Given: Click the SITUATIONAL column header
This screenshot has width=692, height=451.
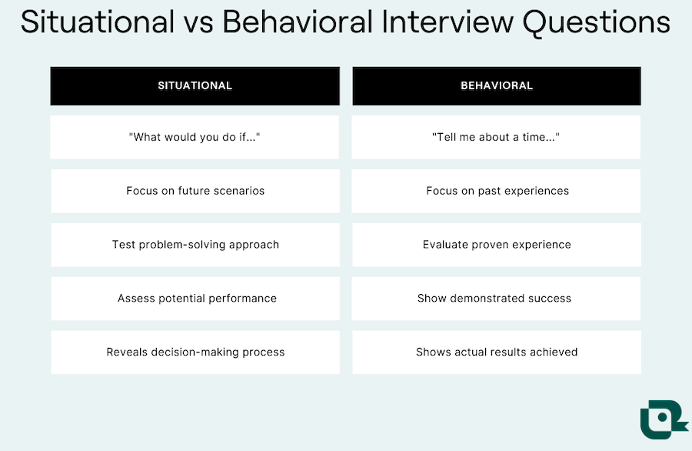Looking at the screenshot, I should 195,85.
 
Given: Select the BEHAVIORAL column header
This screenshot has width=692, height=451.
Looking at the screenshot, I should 496,85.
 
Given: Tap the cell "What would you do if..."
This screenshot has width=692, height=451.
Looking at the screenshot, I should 195,137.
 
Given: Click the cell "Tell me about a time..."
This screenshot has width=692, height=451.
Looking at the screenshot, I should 496,137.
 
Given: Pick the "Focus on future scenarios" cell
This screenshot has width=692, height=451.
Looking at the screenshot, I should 195,191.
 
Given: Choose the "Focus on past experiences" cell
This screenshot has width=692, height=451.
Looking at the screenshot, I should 496,191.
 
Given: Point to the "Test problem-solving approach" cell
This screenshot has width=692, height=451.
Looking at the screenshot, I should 195,245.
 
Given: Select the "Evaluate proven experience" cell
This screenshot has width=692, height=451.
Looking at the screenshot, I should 496,245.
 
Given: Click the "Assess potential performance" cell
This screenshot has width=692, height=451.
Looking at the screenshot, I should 195,299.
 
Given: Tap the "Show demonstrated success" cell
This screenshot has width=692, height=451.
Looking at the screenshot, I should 496,299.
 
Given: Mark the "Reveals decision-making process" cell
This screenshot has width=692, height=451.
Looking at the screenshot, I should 195,352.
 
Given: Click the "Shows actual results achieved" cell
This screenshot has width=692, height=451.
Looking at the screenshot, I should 496,352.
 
